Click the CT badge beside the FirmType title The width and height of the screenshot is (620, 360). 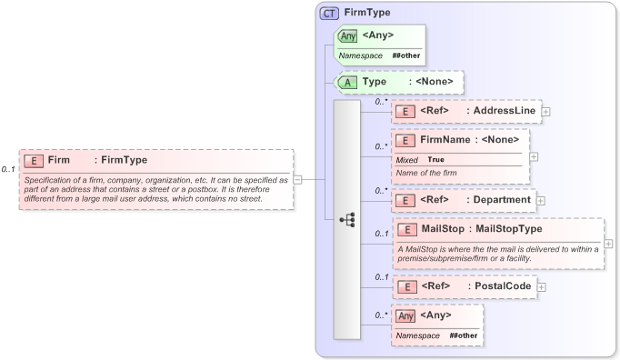point(329,14)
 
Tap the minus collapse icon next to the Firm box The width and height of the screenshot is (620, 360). point(297,179)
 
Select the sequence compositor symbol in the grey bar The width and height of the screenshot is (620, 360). point(346,219)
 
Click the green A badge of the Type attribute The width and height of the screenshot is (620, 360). point(347,82)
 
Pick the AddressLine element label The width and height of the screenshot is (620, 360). point(505,111)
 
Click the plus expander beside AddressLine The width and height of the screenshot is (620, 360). point(546,111)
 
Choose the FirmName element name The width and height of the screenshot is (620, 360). point(445,140)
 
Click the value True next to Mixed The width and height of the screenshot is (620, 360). point(435,159)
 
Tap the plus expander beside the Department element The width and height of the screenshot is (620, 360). point(541,199)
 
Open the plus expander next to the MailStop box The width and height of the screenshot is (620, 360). point(608,243)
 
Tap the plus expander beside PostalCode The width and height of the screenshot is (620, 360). point(541,286)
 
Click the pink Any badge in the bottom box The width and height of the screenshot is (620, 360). point(406,315)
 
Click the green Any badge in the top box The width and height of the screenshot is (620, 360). point(347,36)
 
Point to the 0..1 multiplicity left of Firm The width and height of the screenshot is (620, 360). point(8,169)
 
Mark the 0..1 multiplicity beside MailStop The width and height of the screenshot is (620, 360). point(382,234)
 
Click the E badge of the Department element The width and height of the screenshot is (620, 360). point(409,199)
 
